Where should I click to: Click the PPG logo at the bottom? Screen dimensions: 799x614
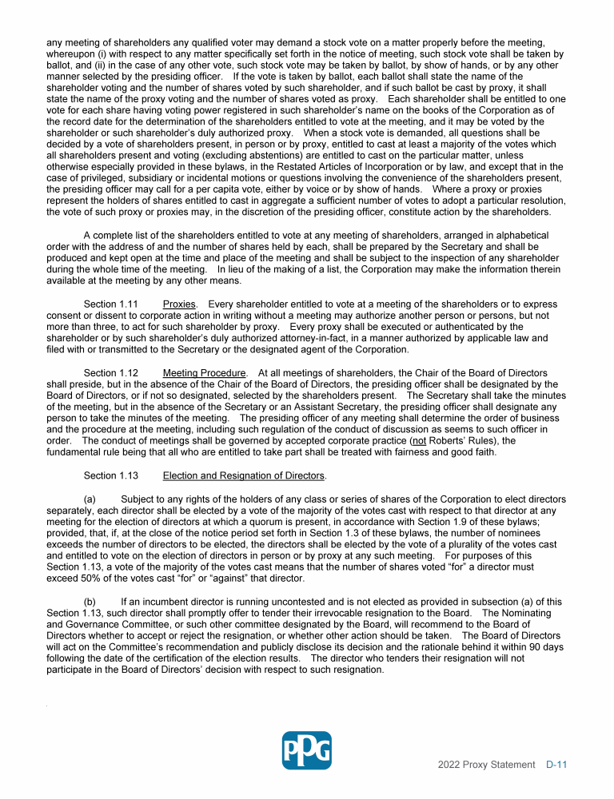(307, 750)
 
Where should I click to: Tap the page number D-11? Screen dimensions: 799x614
(556, 765)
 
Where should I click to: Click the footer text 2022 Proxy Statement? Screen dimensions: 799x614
(486, 765)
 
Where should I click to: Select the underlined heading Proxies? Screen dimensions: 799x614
(179, 304)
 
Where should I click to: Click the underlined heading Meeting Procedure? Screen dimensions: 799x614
(205, 373)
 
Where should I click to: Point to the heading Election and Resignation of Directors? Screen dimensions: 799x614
(244, 475)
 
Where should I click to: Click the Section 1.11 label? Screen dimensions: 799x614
(111, 304)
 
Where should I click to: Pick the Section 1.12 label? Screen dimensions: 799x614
(111, 373)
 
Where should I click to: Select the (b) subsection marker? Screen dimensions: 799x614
(91, 602)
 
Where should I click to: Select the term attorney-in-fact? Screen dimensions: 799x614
(313, 338)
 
